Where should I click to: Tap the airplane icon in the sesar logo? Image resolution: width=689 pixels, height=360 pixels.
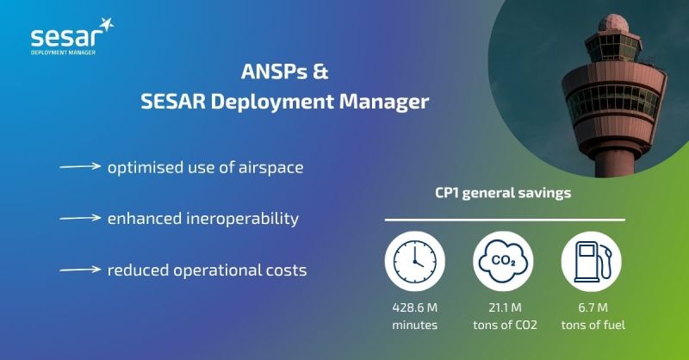click(x=106, y=25)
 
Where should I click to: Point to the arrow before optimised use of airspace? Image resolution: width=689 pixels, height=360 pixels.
click(x=80, y=166)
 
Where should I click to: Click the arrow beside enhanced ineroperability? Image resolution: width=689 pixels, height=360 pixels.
click(x=80, y=218)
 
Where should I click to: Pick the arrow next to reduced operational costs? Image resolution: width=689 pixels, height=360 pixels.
click(x=80, y=270)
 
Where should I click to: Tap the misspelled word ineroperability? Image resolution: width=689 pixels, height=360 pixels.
click(x=242, y=219)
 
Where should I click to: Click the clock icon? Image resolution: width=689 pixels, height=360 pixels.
click(x=415, y=261)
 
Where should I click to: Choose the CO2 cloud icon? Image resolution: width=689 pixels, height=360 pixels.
click(x=503, y=261)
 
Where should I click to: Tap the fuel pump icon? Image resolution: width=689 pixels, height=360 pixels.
click(x=592, y=261)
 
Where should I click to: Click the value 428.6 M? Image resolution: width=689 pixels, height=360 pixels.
click(x=415, y=307)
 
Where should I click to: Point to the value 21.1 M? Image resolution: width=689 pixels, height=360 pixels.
click(x=505, y=307)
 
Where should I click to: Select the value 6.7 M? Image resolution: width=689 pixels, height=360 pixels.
click(x=593, y=307)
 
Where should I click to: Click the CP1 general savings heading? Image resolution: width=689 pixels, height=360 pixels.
click(x=503, y=193)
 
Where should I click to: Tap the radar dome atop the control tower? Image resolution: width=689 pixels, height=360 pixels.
click(x=613, y=23)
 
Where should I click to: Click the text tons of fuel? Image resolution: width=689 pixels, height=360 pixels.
click(x=593, y=325)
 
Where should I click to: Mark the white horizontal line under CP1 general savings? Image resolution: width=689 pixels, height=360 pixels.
click(x=505, y=220)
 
